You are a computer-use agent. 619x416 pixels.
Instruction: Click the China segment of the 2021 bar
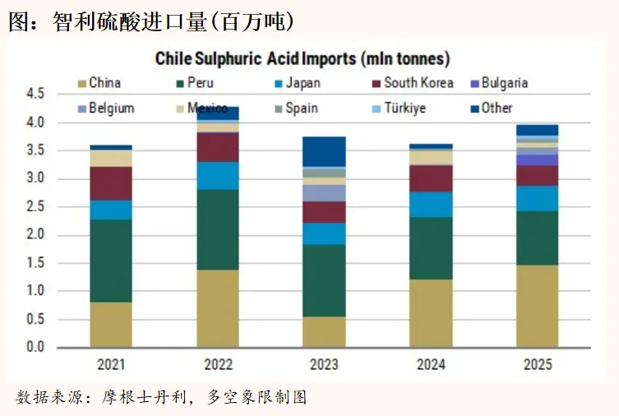pyautogui.click(x=110, y=325)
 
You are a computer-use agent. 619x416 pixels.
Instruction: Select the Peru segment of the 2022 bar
pyautogui.click(x=217, y=229)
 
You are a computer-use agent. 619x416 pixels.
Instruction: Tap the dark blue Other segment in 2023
pyautogui.click(x=324, y=151)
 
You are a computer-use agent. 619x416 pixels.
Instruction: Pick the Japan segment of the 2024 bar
pyautogui.click(x=431, y=204)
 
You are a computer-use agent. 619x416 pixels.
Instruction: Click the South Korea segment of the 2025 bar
pyautogui.click(x=537, y=175)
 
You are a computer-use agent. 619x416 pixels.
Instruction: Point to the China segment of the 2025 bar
pyautogui.click(x=537, y=306)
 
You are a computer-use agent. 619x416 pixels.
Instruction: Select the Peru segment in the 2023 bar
pyautogui.click(x=324, y=280)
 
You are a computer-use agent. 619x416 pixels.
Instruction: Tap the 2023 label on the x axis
pyautogui.click(x=324, y=363)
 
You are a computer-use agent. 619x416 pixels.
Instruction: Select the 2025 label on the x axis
pyautogui.click(x=537, y=363)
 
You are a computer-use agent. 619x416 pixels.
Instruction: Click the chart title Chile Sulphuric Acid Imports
pyautogui.click(x=303, y=59)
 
